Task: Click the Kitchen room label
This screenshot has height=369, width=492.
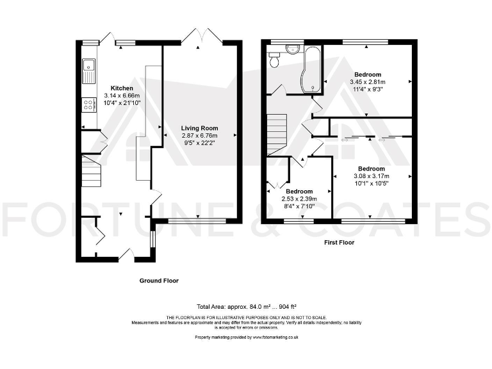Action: point(122,88)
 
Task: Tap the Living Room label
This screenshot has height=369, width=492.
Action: point(200,128)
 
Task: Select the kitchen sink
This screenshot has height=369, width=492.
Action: point(89,71)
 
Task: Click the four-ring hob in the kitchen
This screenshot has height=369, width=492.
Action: point(89,105)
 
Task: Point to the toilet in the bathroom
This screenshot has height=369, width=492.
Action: point(274,60)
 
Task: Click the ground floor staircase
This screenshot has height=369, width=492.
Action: point(92,171)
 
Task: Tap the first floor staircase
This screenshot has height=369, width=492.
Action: point(277,135)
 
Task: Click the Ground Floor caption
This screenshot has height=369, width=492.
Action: point(159,281)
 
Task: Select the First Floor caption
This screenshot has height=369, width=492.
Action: point(339,243)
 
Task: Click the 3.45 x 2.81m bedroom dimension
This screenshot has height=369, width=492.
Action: point(368,82)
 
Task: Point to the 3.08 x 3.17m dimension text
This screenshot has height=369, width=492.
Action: point(372,176)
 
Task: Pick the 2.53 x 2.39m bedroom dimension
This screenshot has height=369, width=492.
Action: point(299,199)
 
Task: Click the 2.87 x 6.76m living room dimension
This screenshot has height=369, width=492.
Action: point(200,136)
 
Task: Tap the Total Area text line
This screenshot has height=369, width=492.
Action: point(247,307)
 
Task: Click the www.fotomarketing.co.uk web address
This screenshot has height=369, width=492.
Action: point(275,338)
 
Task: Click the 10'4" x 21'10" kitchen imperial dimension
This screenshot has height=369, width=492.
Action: point(122,103)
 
